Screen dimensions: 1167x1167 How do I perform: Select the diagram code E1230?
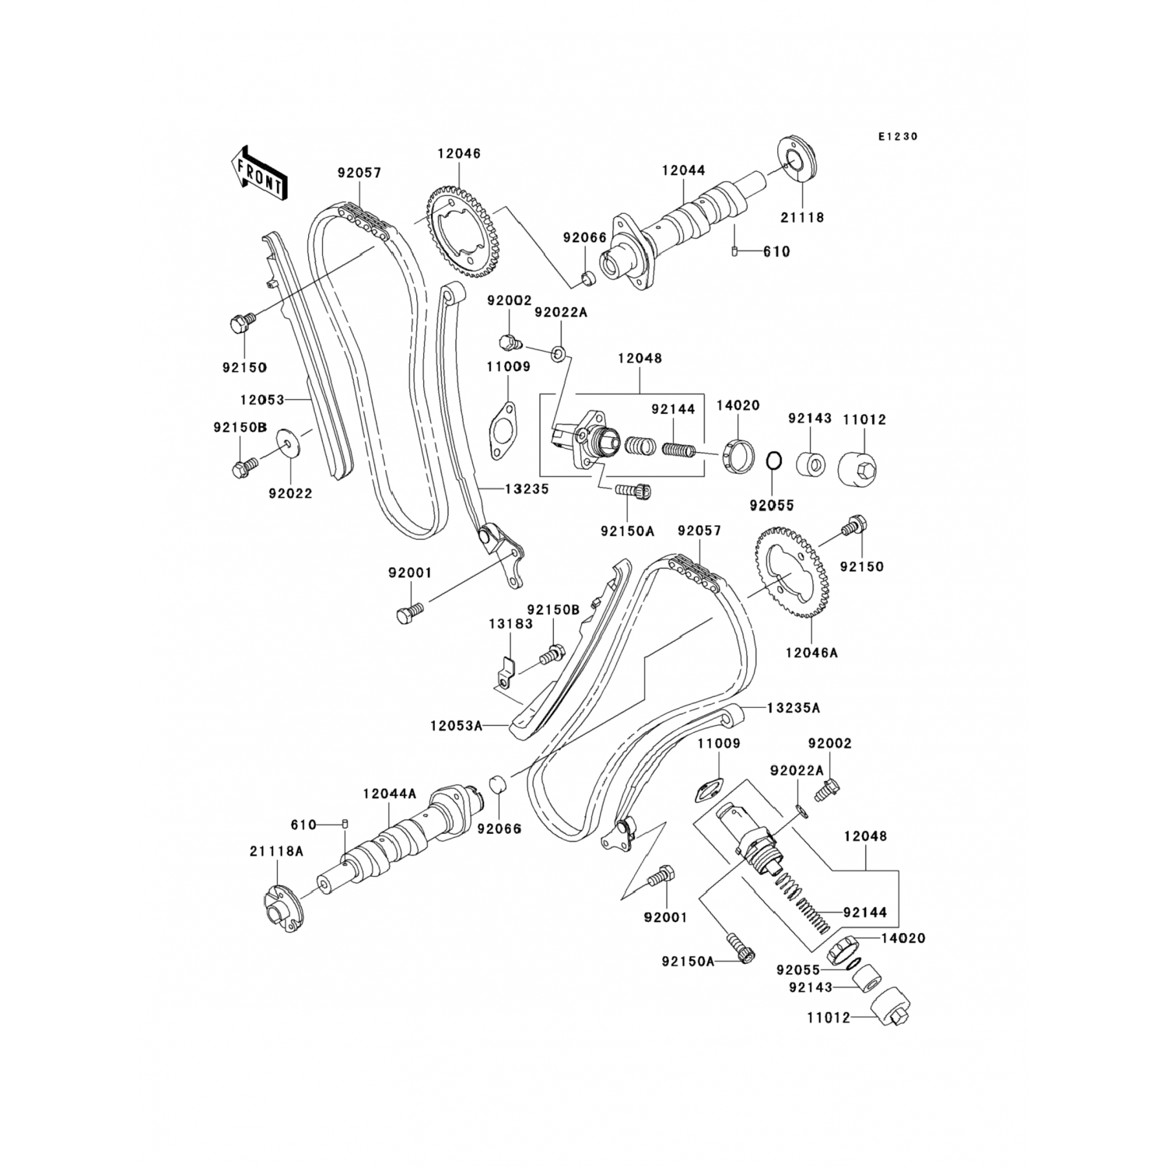(898, 136)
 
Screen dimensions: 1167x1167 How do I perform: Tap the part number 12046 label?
(458, 153)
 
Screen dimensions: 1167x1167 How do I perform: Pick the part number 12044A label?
(390, 794)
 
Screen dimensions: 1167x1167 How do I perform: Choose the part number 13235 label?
(526, 489)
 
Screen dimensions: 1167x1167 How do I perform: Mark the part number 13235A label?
(794, 708)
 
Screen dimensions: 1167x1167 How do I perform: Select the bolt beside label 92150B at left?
(241, 468)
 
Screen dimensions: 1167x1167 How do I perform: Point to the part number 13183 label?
(510, 623)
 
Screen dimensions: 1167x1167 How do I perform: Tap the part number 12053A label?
(456, 726)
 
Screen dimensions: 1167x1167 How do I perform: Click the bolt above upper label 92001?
(406, 615)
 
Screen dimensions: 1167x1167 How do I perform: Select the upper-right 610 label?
(776, 252)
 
